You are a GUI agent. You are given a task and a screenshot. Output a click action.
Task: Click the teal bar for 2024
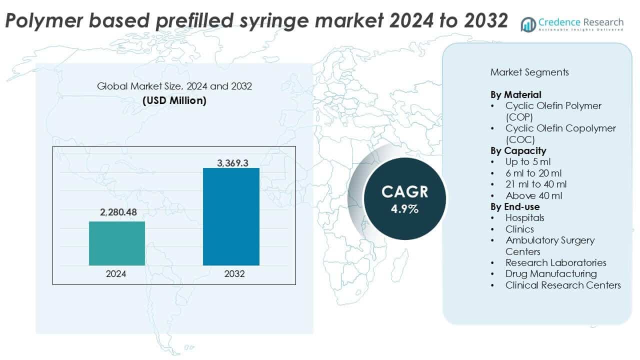coord(117,243)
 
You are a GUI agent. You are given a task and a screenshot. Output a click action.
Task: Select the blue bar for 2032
coord(231,216)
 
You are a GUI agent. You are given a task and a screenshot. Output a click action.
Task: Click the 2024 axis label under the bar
coord(116,274)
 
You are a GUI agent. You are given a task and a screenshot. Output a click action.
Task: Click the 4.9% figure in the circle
coord(404,208)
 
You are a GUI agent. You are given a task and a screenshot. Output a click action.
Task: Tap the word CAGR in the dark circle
coord(404,192)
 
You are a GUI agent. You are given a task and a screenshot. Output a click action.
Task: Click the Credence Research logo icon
coord(528,24)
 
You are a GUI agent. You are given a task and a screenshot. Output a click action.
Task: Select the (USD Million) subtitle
coord(174,100)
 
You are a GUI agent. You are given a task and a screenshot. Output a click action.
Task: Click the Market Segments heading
coord(529,72)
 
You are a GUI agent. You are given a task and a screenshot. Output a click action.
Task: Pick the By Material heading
coord(516,94)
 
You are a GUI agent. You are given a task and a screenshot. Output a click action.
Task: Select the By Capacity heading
coord(518,150)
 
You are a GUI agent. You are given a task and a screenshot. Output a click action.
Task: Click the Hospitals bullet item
coord(524,217)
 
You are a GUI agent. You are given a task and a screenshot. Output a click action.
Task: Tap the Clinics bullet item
coord(519,229)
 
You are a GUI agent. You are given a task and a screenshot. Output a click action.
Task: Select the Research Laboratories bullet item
coord(555,262)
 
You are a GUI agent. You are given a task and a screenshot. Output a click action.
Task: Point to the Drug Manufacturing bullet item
coord(551,273)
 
